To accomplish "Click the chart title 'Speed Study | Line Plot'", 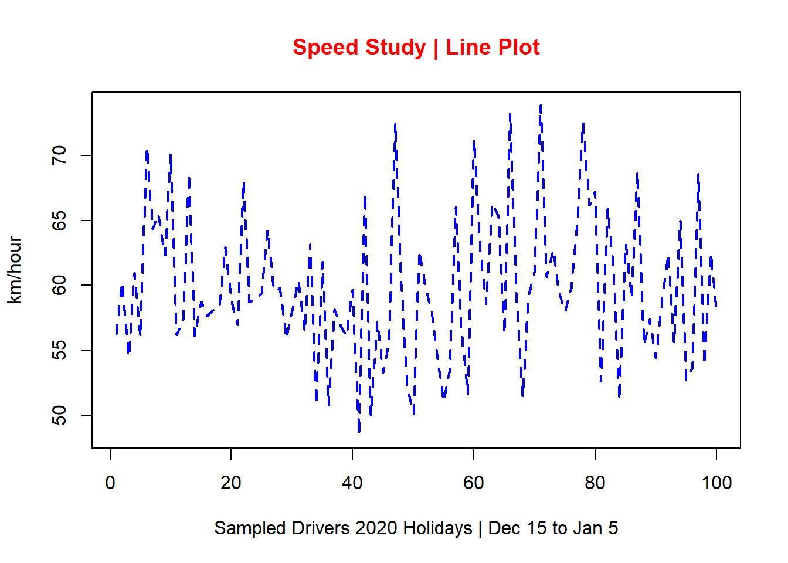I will [x=416, y=47].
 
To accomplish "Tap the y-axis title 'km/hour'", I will [x=15, y=270].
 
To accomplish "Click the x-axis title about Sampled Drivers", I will [x=416, y=528].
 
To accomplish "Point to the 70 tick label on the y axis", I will [x=59, y=155].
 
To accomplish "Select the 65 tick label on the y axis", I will [x=59, y=221].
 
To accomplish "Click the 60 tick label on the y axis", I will [x=59, y=286].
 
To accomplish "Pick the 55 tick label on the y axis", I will [x=59, y=350].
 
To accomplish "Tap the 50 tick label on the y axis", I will [x=59, y=415].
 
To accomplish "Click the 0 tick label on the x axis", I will [x=110, y=483].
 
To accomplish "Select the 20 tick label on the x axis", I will [x=231, y=483].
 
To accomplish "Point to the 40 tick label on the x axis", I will [x=352, y=483].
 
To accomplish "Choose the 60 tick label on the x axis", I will [x=474, y=483].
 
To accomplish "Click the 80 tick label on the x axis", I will [x=595, y=483].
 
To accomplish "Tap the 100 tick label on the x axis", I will [x=716, y=483].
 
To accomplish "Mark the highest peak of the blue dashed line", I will [x=540, y=106].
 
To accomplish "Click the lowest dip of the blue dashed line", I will [x=359, y=431].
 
